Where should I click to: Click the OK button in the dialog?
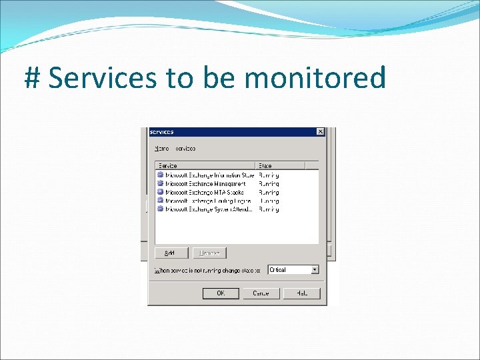(x=221, y=293)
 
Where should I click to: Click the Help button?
(x=301, y=293)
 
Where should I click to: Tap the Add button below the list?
(x=169, y=253)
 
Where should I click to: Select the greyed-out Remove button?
(x=209, y=253)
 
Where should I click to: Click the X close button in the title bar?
(x=321, y=132)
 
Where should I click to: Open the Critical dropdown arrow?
(x=315, y=270)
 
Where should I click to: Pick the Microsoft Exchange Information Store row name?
(x=209, y=175)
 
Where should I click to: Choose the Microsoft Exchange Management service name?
(x=205, y=184)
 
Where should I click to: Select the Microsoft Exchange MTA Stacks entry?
(x=205, y=192)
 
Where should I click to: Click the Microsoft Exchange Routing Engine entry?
(x=208, y=201)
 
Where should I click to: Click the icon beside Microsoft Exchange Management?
(x=160, y=183)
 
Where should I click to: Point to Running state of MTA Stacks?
(x=269, y=192)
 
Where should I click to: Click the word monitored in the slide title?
(x=315, y=79)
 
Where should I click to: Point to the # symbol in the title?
(x=33, y=79)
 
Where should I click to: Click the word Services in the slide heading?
(x=103, y=79)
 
